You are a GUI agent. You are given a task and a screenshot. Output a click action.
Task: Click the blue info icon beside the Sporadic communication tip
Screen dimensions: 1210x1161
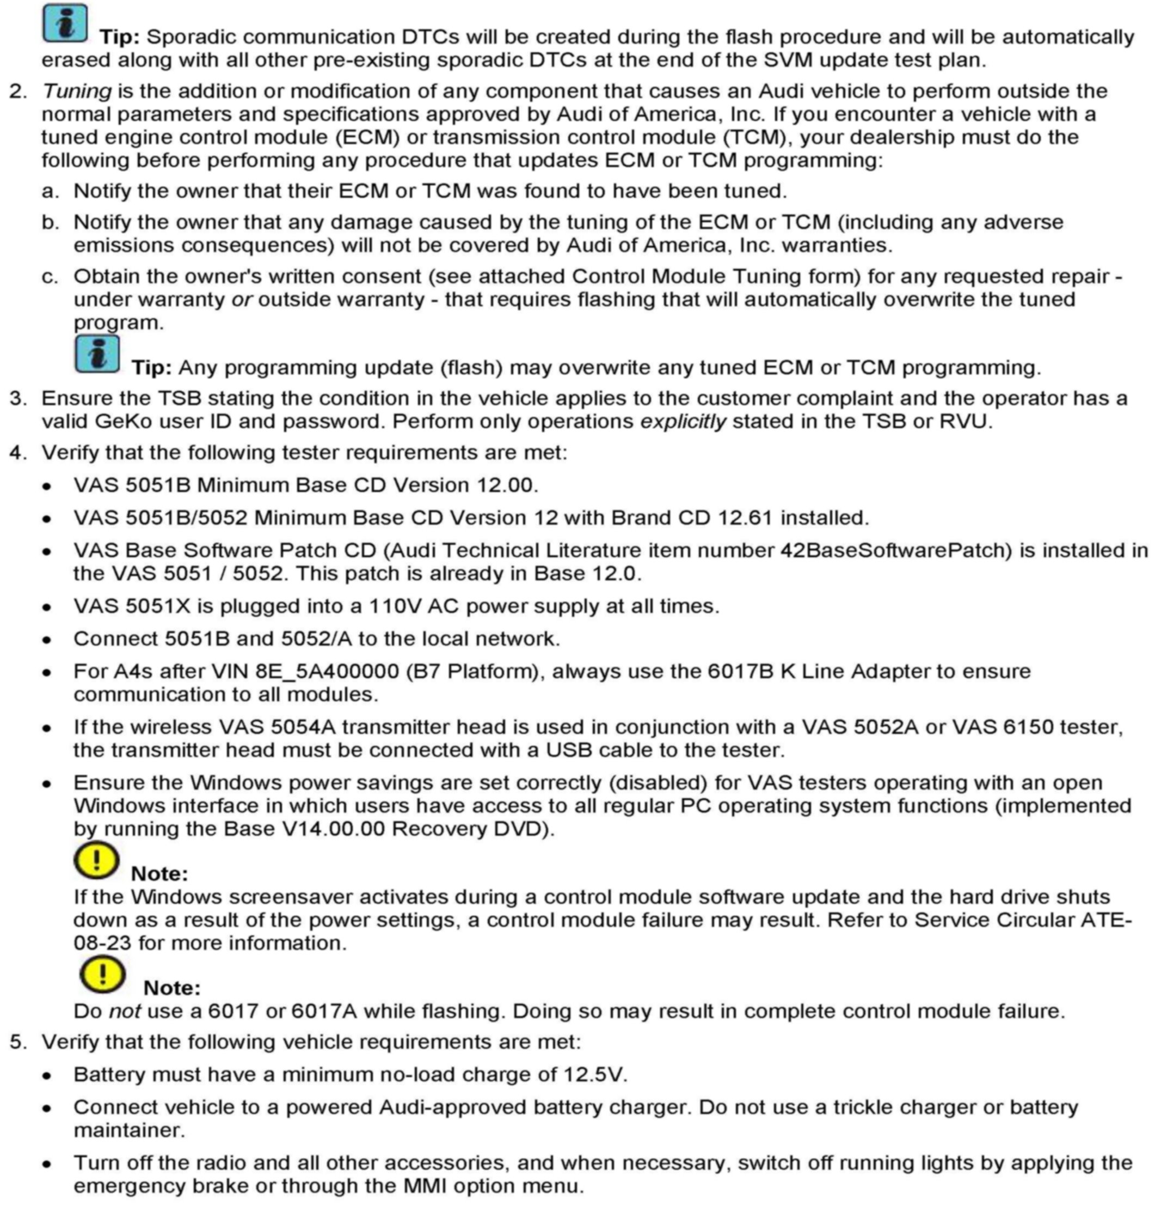click(x=65, y=24)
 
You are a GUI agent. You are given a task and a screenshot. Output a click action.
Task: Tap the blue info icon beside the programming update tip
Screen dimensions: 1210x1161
click(x=97, y=354)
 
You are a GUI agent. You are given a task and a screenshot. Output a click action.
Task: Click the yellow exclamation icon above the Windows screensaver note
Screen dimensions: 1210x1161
click(x=96, y=860)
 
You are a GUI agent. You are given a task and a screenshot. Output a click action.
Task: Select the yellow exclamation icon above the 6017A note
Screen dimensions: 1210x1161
click(x=102, y=974)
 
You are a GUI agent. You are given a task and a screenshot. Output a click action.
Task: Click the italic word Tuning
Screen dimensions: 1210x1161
click(x=77, y=92)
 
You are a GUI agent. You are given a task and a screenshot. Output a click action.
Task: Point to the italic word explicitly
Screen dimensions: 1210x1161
click(x=683, y=422)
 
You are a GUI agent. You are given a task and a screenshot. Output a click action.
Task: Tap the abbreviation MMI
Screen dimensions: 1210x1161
click(x=427, y=1186)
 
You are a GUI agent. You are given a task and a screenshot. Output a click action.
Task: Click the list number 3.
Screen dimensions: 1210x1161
click(x=18, y=398)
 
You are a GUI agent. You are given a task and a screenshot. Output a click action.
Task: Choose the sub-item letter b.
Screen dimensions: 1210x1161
click(x=50, y=222)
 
